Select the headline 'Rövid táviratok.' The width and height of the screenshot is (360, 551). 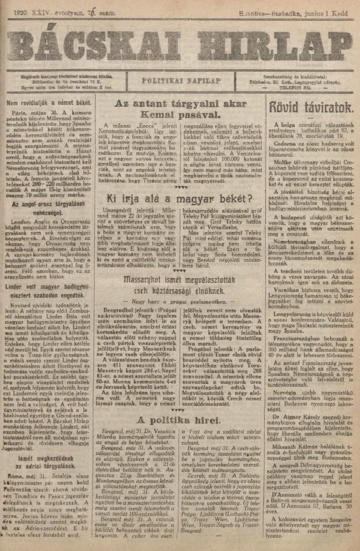point(306,109)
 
